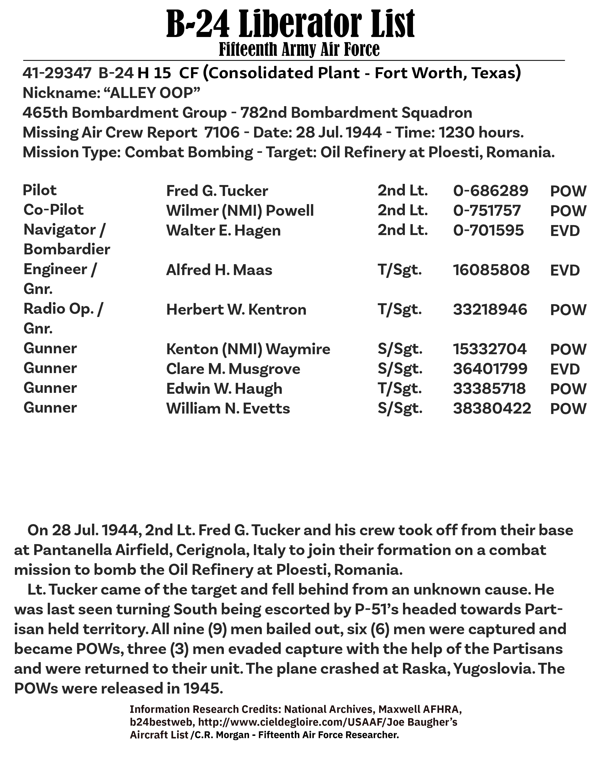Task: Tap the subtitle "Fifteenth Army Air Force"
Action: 299,49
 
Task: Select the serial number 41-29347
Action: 57,73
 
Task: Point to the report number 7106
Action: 222,133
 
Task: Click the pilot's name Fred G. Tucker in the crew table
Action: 217,191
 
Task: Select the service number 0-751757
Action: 487,211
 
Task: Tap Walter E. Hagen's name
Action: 223,231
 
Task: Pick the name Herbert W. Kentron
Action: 236,310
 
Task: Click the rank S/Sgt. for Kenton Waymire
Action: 400,349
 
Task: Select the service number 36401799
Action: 490,369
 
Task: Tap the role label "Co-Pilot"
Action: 54,210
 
